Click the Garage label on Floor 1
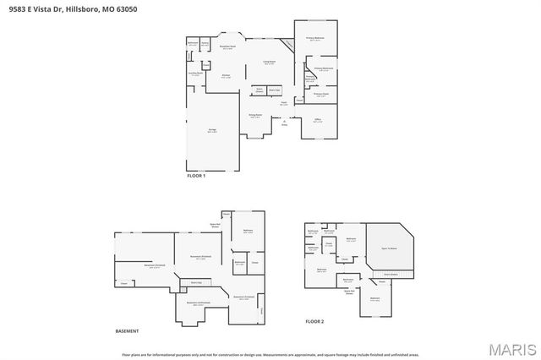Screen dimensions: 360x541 [213, 131]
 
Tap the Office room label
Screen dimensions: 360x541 [317, 122]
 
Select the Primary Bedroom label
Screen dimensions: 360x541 [315, 39]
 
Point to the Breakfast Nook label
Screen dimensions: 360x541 [227, 47]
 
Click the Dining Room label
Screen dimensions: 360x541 [255, 116]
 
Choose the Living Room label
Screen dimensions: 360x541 [270, 62]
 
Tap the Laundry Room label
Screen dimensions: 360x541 [194, 74]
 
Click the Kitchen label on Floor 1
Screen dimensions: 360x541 [227, 76]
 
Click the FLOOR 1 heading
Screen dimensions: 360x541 [196, 175]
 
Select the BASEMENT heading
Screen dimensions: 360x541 [127, 330]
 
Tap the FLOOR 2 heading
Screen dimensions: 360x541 [314, 322]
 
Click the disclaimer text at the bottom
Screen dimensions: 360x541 [270, 354]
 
